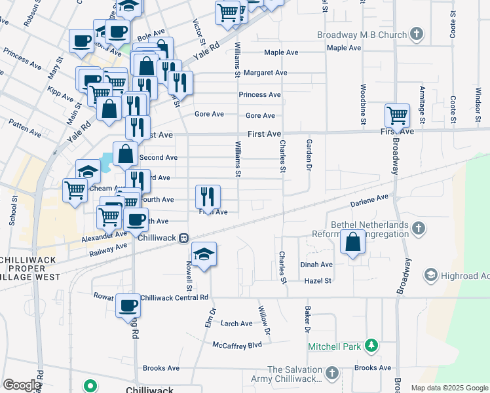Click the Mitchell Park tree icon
pyautogui.click(x=371, y=345)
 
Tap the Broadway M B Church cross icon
pyautogui.click(x=417, y=34)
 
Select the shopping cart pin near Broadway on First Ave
pyautogui.click(x=397, y=115)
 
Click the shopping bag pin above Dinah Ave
pyautogui.click(x=353, y=242)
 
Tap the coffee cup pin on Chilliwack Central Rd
pyautogui.click(x=128, y=305)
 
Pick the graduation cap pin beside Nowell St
pyautogui.click(x=204, y=254)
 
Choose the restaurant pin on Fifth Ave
pyautogui.click(x=208, y=195)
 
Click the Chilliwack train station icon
pyautogui.click(x=185, y=238)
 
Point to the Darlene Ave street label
pyautogui.click(x=373, y=196)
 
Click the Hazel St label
pyautogui.click(x=318, y=280)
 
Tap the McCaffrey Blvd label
pyautogui.click(x=237, y=345)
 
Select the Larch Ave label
pyautogui.click(x=236, y=324)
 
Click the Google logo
pyautogui.click(x=21, y=385)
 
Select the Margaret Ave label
pyautogui.click(x=265, y=73)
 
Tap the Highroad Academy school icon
pyautogui.click(x=430, y=274)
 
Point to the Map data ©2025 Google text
pyautogui.click(x=449, y=388)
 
